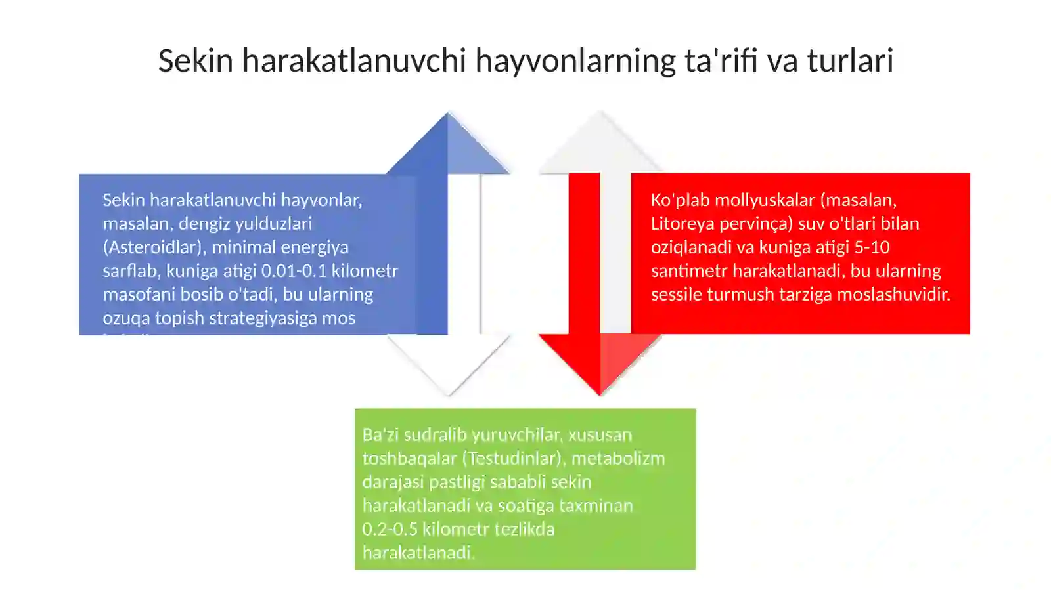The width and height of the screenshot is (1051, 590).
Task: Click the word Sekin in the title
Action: [x=195, y=60]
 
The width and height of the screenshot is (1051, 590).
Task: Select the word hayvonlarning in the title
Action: [x=575, y=60]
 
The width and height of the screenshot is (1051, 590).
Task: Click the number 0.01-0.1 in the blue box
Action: [x=294, y=271]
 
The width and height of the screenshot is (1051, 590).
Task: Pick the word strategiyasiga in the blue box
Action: [x=263, y=318]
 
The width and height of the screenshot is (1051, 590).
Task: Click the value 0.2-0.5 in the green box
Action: [x=390, y=530]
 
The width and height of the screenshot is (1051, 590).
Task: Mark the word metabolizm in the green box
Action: [x=618, y=459]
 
